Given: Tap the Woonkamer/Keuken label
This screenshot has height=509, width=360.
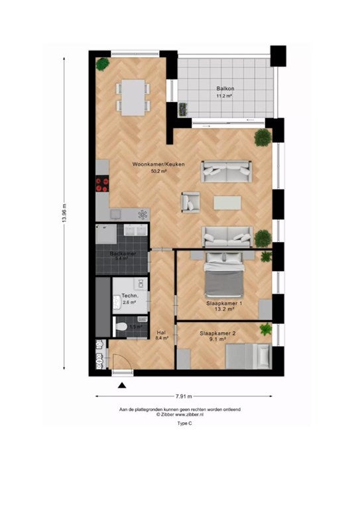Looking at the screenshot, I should tap(158, 164).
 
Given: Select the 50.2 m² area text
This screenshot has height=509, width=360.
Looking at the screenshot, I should tap(158, 171).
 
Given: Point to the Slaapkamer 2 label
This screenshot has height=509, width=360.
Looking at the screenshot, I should tap(217, 335).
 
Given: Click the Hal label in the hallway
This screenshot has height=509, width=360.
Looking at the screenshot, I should tap(161, 333).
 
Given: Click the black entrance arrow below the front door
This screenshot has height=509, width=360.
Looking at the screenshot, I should tap(122, 385).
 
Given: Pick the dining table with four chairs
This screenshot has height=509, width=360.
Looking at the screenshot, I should tap(133, 96).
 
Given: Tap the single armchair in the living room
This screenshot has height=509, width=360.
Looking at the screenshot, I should tap(191, 201).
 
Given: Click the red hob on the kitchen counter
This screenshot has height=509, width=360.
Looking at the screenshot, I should tap(102, 183).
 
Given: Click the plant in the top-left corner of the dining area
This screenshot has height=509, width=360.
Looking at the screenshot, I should tap(103, 64).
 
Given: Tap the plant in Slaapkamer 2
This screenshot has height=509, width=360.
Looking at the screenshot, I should tap(266, 329).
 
